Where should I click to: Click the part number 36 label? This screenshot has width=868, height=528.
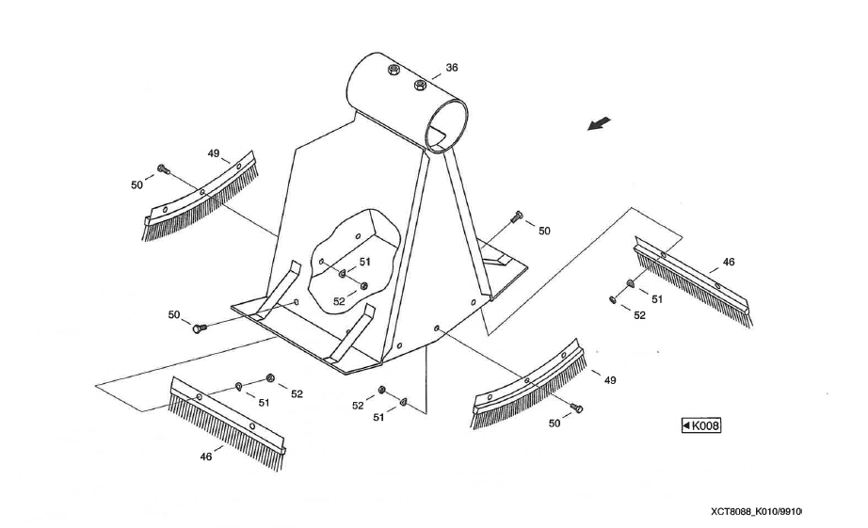pos(452,68)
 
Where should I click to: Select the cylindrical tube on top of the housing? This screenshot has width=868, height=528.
pos(400,99)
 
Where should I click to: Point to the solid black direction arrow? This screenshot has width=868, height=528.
pos(599,124)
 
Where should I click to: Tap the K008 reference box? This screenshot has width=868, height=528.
pos(700,425)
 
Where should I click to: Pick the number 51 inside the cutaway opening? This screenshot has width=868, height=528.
pos(364,262)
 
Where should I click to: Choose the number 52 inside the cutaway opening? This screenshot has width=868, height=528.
pos(339,301)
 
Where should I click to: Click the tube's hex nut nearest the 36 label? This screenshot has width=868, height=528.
pos(420,86)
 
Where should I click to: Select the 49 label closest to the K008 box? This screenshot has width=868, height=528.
pos(610,379)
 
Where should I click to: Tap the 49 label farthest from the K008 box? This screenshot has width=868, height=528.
pos(214,153)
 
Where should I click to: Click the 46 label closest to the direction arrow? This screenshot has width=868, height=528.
pos(729,262)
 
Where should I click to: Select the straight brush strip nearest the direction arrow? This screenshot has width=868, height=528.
pos(692,278)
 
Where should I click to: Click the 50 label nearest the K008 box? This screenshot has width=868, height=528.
pos(555,424)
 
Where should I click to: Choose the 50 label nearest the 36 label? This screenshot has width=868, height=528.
pos(544,231)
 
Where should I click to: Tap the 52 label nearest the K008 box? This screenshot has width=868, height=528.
pos(639,315)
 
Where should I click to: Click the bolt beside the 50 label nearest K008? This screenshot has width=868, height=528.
pos(577,408)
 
